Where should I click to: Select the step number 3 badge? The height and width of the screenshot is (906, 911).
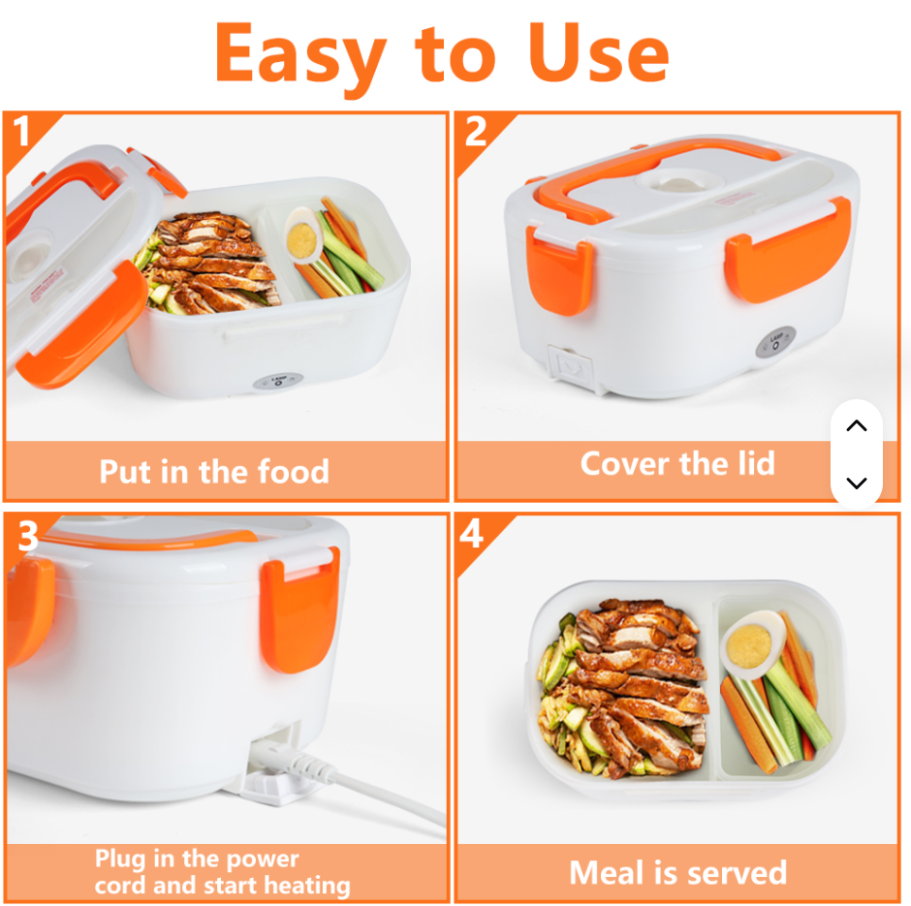tap(27, 535)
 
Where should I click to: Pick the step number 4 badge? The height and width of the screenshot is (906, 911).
tap(472, 534)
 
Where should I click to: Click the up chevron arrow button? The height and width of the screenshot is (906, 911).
tap(856, 426)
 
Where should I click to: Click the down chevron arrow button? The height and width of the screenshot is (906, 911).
tap(856, 483)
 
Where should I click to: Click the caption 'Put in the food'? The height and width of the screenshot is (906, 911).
tap(214, 472)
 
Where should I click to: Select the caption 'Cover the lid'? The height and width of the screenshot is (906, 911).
tap(676, 463)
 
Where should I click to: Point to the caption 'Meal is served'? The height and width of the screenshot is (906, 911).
tap(677, 873)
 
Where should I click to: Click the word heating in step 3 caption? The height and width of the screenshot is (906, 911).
tap(301, 886)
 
